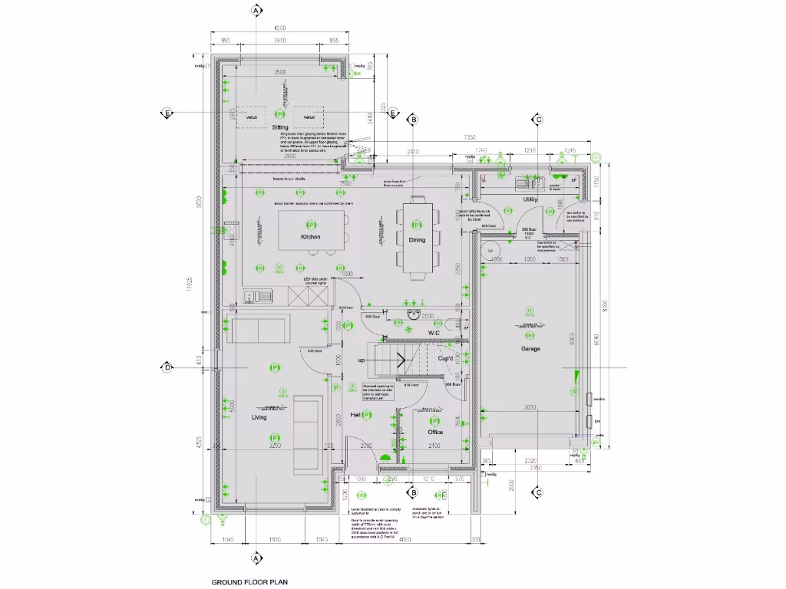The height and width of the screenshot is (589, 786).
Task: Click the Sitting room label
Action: (x=280, y=127)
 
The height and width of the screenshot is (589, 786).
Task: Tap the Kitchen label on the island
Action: (x=311, y=237)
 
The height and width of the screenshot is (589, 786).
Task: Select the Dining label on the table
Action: (x=417, y=240)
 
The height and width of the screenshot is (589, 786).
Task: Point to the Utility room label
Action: (x=530, y=199)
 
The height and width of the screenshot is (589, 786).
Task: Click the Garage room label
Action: (x=530, y=349)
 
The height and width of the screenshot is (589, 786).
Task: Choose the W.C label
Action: (x=433, y=332)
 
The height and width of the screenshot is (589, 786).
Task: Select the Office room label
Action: (x=435, y=433)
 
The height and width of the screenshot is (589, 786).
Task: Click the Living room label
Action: (x=259, y=418)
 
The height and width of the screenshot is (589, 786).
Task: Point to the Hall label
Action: (x=355, y=415)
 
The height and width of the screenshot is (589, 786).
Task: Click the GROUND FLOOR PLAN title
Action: (x=249, y=582)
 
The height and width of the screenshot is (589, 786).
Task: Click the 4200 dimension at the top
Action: (x=279, y=28)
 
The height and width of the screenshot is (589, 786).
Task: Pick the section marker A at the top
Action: (x=256, y=10)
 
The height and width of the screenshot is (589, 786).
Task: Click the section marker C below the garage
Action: (x=538, y=492)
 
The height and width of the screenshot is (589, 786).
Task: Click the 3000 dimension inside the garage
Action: (x=529, y=407)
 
